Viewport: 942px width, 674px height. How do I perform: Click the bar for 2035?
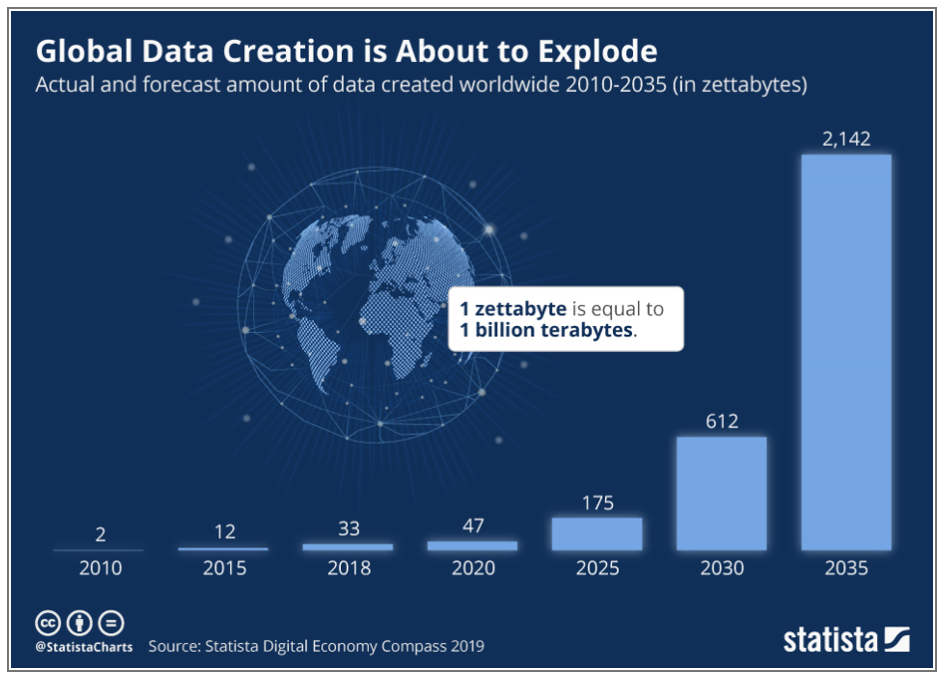point(846,351)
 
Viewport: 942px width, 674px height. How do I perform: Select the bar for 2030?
point(722,493)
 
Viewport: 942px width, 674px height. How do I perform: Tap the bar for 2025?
point(597,533)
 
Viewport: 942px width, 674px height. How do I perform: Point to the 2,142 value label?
point(846,139)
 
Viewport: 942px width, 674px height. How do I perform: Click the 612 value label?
point(722,421)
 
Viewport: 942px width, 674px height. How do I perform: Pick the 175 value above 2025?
point(597,502)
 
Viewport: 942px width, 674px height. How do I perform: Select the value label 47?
point(472,525)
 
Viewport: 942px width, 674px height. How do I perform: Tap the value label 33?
point(348,528)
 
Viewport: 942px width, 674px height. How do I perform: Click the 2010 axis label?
point(100,568)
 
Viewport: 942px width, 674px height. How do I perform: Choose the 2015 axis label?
point(223,568)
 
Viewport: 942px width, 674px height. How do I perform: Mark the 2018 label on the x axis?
point(348,568)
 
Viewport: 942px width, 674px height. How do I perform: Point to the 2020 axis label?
point(472,568)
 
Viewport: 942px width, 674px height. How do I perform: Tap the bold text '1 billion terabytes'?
point(546,330)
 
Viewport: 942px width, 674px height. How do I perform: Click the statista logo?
point(845,638)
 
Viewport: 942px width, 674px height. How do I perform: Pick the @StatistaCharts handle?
point(84,646)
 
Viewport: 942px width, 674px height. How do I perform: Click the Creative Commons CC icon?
point(48,623)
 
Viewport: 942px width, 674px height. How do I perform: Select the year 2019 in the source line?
point(465,646)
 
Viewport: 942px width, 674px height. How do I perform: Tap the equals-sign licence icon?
point(112,623)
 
